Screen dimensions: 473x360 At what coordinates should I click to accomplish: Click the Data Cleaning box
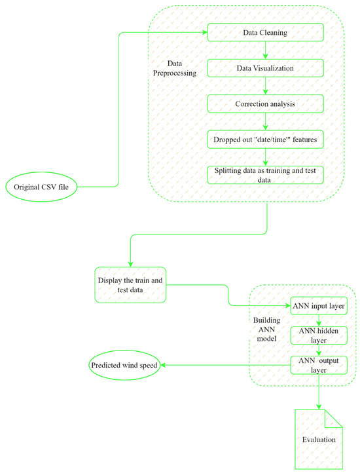point(265,31)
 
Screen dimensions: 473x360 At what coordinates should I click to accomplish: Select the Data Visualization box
point(265,67)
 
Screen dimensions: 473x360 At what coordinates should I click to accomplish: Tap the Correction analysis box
point(265,103)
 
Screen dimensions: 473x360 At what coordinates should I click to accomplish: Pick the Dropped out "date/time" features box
point(265,140)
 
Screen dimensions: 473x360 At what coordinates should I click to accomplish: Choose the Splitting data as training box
point(265,175)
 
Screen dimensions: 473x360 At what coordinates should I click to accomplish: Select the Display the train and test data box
point(132,285)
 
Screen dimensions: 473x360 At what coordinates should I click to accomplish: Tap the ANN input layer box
point(318,306)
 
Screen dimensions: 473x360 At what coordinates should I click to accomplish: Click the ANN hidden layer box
point(318,335)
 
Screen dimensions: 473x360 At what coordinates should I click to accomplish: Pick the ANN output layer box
point(318,364)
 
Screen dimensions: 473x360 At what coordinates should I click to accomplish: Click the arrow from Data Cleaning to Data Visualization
point(265,50)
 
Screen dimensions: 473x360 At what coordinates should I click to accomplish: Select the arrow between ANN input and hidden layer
point(318,320)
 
